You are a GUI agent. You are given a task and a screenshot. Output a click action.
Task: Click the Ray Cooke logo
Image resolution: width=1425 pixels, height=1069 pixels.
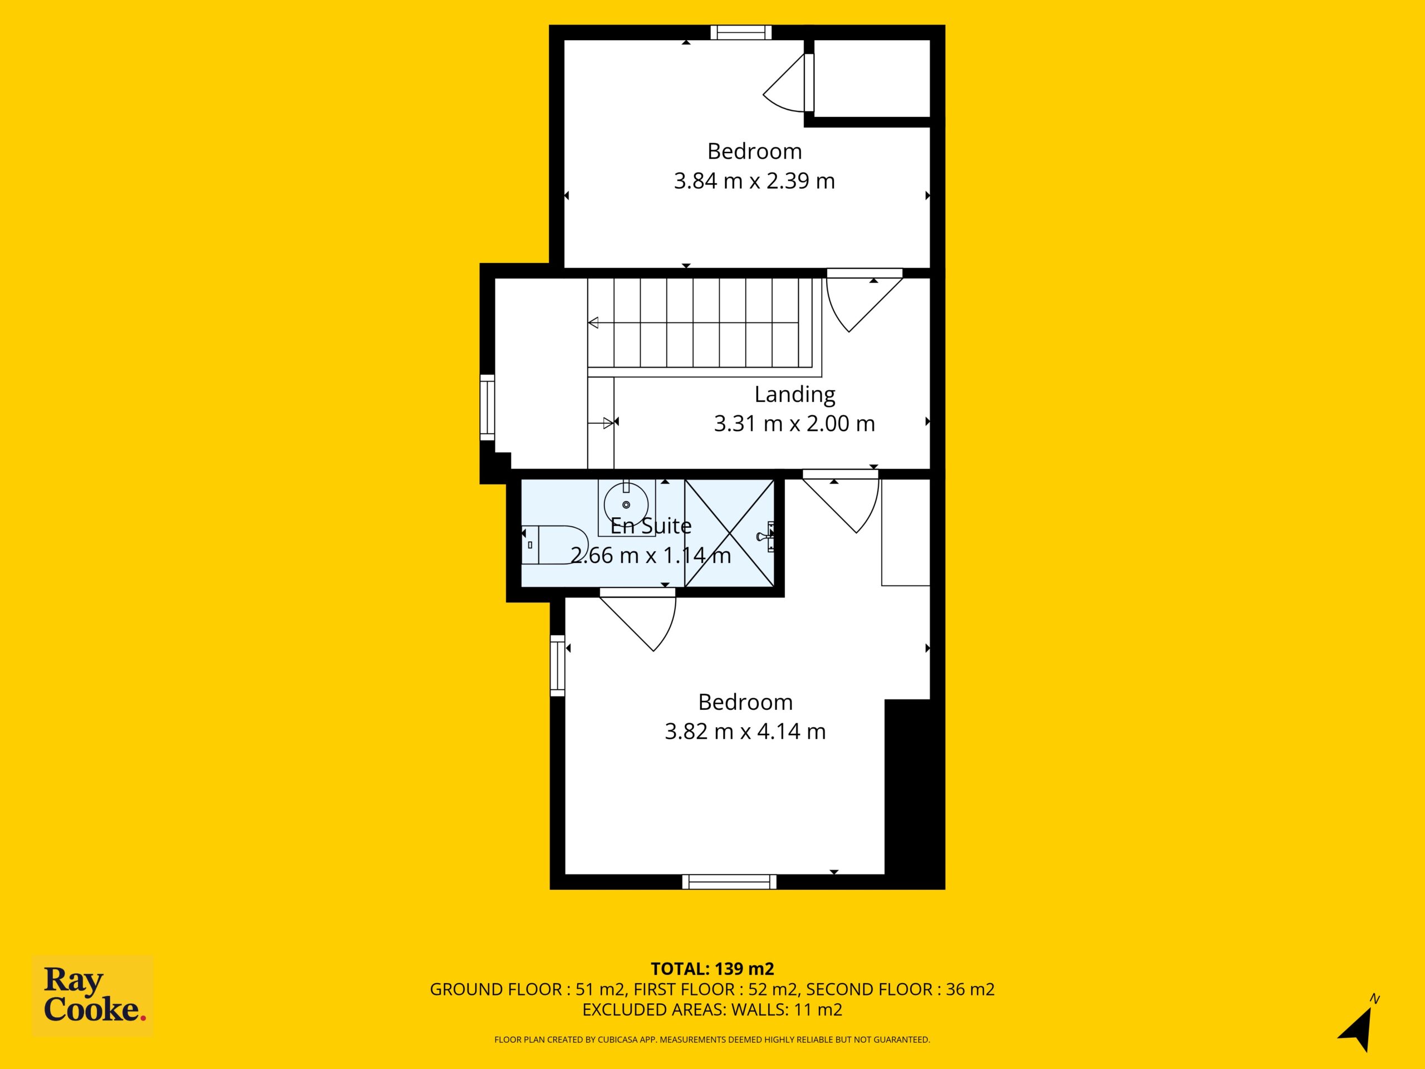coord(93,996)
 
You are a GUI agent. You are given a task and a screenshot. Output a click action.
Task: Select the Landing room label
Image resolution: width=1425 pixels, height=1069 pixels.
coord(794,394)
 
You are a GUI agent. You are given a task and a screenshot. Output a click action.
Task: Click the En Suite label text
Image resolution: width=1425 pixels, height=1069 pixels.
coord(651,526)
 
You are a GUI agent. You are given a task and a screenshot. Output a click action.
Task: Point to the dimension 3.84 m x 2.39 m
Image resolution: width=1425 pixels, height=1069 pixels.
coord(754,181)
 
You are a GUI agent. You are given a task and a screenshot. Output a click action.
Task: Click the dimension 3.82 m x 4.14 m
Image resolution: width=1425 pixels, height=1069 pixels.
coord(745,732)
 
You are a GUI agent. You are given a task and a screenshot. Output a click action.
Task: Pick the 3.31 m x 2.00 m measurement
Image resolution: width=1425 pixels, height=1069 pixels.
coord(794,423)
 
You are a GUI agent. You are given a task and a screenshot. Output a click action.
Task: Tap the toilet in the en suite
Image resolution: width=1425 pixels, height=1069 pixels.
coord(554,545)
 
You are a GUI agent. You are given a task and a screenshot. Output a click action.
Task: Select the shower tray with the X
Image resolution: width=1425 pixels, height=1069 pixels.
coord(729,533)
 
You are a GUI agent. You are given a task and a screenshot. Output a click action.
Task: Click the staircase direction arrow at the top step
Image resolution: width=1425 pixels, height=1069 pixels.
coord(593,323)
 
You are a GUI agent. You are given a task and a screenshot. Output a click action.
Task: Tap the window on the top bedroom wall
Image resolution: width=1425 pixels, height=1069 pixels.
coord(741,32)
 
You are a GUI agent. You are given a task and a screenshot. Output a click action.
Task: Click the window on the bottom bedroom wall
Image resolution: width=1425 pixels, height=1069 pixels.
coord(729,882)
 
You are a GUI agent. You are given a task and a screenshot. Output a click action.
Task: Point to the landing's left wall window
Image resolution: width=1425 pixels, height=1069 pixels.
coord(488,408)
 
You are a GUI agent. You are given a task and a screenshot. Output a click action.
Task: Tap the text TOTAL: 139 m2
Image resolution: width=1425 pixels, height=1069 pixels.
coord(712,968)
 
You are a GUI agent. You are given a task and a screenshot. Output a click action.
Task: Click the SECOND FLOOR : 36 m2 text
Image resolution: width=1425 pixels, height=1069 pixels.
coord(901,989)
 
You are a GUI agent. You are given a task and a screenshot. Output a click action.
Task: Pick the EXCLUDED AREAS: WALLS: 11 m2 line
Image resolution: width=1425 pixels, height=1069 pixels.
coord(712,1010)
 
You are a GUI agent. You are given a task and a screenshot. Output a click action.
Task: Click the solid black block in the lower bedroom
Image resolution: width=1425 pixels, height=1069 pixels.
coord(915,794)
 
